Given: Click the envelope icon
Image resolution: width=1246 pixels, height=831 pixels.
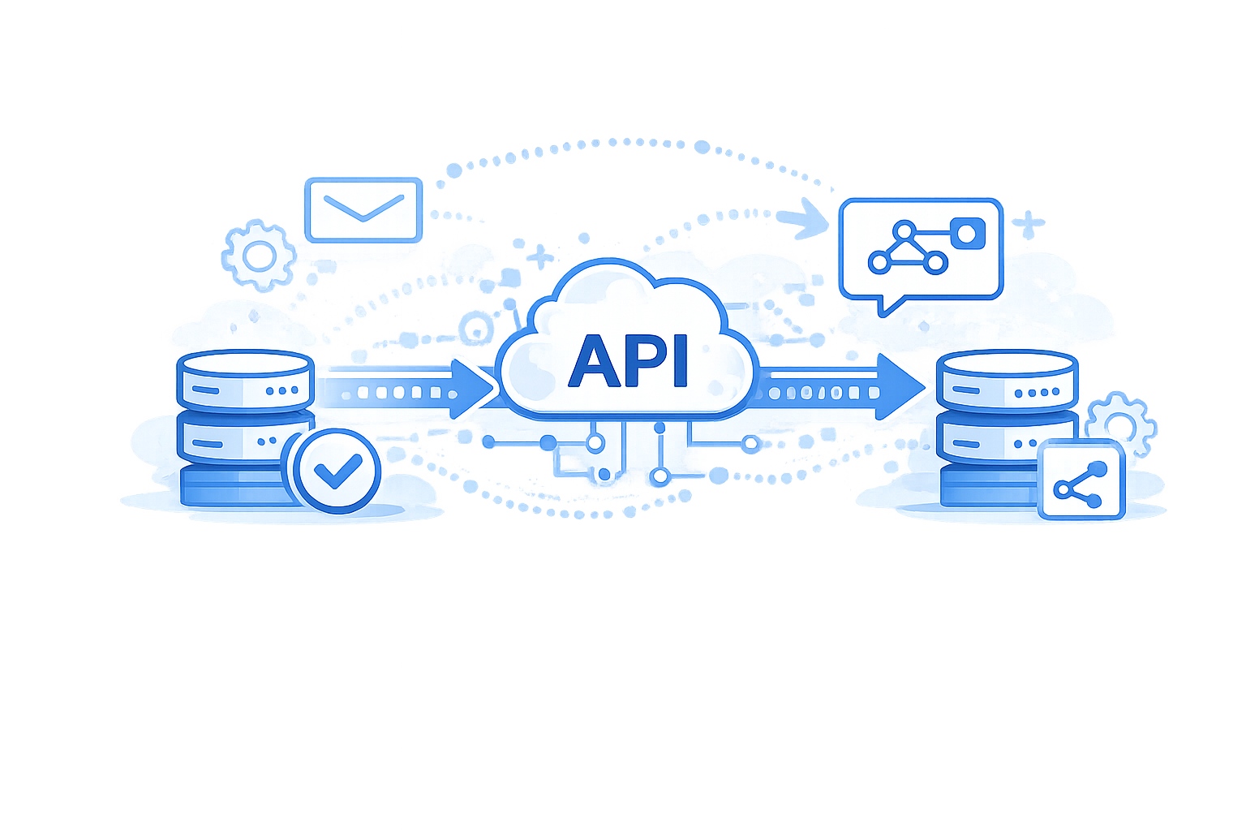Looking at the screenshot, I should [x=363, y=210].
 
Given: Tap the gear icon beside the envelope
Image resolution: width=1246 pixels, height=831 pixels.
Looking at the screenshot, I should [x=259, y=256].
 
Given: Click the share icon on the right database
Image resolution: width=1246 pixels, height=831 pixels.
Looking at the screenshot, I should [x=1081, y=480].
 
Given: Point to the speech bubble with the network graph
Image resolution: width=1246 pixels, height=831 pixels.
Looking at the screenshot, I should [x=921, y=248].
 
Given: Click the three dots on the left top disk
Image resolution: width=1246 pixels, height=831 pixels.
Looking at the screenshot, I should [x=281, y=391].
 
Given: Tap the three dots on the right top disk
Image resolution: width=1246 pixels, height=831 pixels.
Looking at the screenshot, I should [x=1043, y=392].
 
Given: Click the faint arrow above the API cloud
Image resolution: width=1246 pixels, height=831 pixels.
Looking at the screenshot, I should [x=799, y=219].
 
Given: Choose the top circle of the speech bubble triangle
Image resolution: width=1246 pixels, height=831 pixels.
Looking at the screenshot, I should [x=907, y=230].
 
